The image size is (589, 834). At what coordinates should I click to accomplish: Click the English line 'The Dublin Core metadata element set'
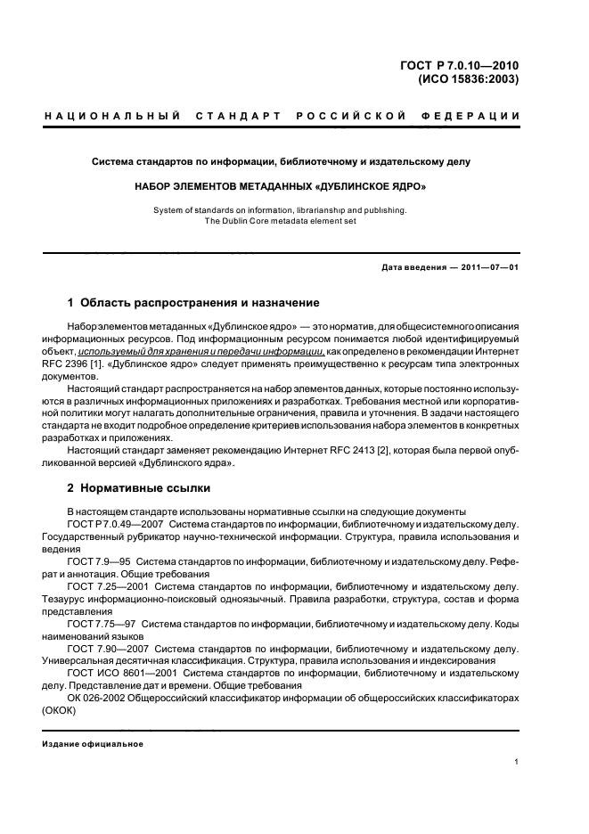click(280, 221)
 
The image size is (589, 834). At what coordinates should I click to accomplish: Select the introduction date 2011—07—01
click(490, 267)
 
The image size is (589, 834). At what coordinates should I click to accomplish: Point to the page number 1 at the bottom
click(517, 762)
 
